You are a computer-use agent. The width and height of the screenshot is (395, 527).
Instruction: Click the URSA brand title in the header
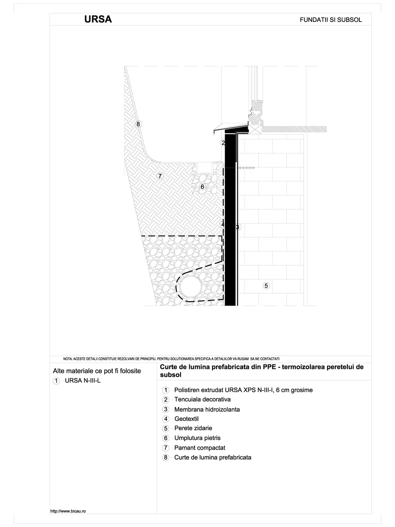coord(98,19)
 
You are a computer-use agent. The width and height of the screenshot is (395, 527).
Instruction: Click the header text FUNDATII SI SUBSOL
coord(331,20)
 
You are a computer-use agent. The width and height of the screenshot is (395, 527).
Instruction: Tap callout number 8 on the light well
coord(138,124)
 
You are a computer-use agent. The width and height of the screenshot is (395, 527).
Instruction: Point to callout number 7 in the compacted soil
coord(160,176)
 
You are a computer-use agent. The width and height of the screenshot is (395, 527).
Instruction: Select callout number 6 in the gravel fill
coord(202,187)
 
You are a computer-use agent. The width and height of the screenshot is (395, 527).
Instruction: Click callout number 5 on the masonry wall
coord(266,285)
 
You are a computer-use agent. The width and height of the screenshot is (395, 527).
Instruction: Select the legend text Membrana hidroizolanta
coord(207,409)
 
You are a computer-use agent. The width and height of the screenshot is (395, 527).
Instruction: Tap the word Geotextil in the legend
coord(186,419)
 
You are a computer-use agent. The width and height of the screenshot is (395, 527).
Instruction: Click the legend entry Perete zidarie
coord(193,428)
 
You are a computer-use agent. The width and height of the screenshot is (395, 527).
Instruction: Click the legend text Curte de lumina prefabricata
coord(213,457)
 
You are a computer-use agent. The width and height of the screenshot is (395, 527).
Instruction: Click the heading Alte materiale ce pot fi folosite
coord(97,371)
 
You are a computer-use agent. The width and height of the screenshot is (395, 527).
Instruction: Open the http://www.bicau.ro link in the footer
coord(69,511)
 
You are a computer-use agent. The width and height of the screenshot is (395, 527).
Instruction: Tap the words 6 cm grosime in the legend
coord(294,390)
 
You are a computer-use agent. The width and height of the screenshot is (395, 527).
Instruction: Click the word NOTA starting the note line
coord(67,358)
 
